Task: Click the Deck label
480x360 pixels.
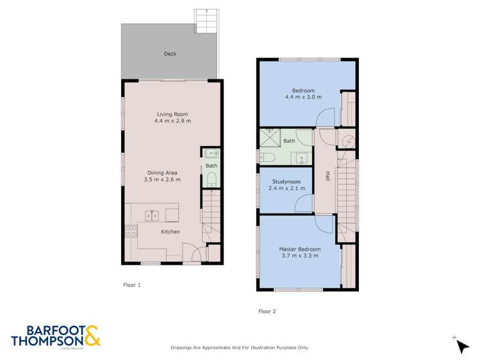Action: tap(170, 54)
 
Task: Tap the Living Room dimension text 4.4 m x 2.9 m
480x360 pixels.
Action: tap(172, 121)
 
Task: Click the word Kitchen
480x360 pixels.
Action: tap(170, 232)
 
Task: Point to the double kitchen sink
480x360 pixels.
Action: tap(151, 215)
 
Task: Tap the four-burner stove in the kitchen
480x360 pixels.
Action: tap(131, 231)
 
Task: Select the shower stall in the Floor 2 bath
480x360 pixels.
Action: tap(270, 137)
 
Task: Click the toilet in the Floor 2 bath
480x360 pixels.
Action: tap(268, 157)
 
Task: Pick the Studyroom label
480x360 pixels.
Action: tap(285, 182)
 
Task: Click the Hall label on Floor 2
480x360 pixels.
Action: tap(327, 177)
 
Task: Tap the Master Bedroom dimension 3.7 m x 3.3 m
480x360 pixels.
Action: tap(299, 256)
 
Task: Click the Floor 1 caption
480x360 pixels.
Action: tap(131, 284)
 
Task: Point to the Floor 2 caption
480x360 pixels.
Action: tap(267, 311)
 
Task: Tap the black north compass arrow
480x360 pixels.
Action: tap(462, 346)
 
